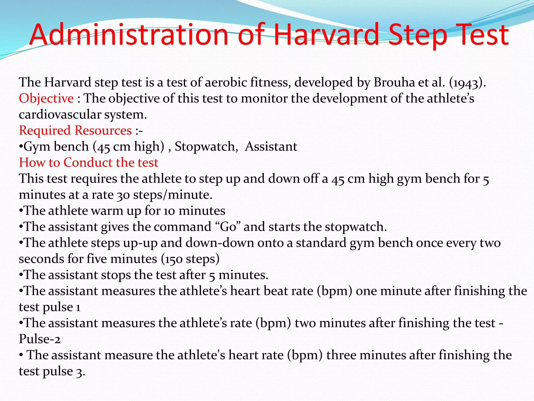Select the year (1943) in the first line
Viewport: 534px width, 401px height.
(x=467, y=82)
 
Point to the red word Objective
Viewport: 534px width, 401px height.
(x=46, y=99)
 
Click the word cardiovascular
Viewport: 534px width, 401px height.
(x=60, y=115)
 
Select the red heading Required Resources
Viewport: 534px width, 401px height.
(x=75, y=131)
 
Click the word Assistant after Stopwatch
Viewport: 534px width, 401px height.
(x=271, y=146)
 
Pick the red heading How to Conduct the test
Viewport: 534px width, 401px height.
(x=89, y=163)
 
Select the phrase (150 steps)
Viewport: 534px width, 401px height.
(x=190, y=259)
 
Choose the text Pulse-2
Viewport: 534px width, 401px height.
(x=40, y=339)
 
